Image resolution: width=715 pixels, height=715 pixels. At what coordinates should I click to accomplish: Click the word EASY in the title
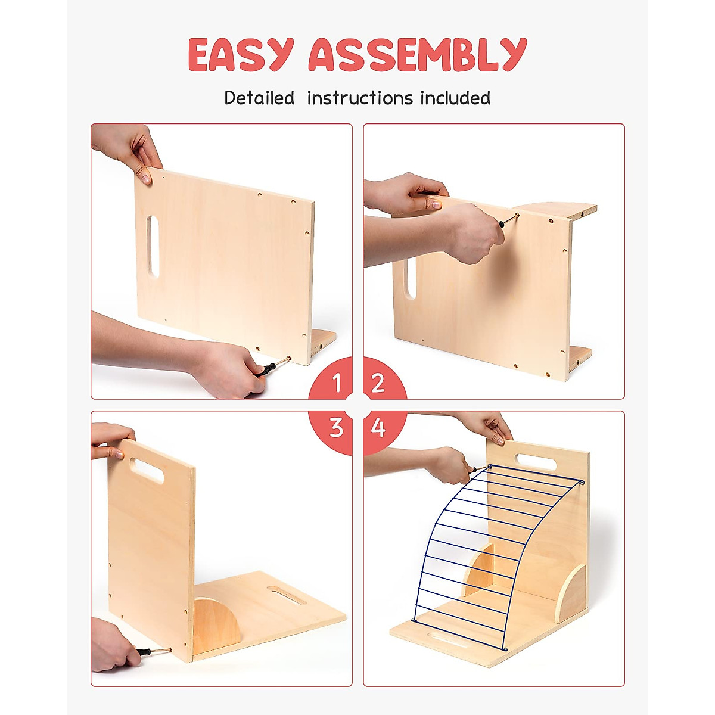[241, 55]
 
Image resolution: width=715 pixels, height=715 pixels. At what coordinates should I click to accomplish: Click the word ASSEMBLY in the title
[417, 55]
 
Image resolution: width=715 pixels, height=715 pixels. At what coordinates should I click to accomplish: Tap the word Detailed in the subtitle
[259, 98]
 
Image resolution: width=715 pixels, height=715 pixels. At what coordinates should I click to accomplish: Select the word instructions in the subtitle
[360, 98]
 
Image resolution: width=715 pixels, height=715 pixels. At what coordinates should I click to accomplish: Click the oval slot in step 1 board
[153, 245]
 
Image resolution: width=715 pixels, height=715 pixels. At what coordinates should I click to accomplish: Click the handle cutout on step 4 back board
[536, 462]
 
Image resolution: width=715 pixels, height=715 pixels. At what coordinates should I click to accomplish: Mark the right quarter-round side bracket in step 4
[572, 593]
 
